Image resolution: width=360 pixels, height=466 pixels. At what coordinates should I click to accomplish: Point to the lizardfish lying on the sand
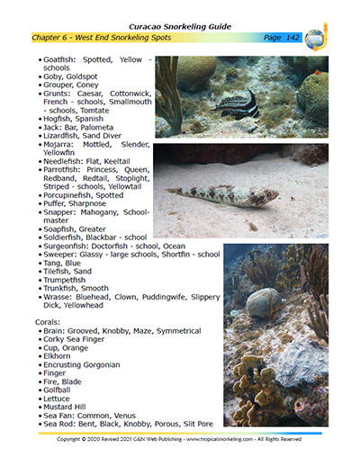[221, 193]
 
